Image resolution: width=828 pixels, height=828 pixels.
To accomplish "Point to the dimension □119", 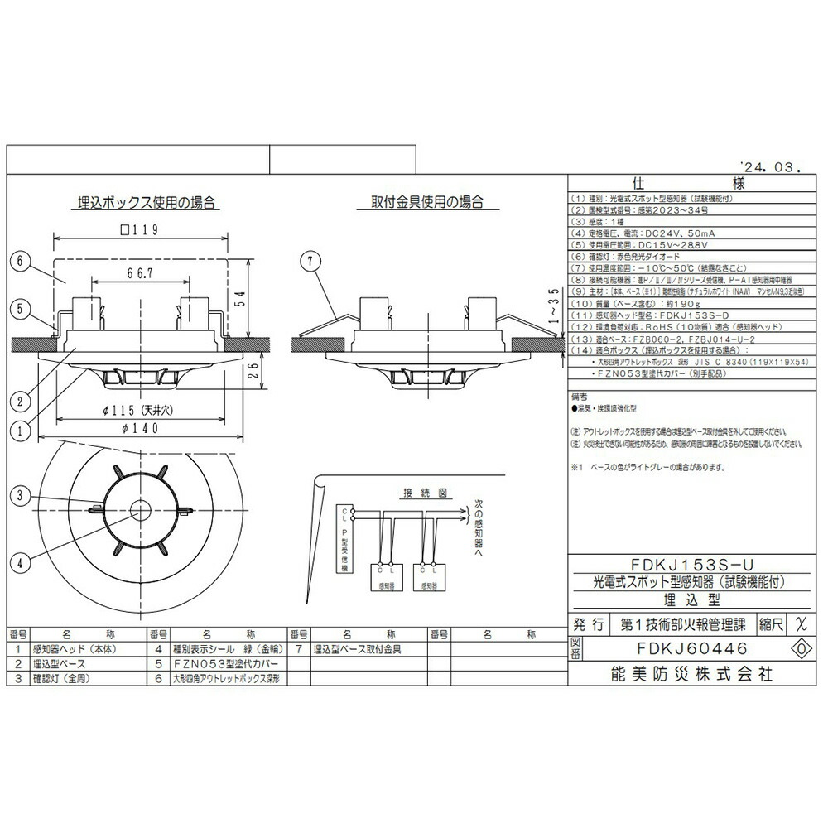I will (138, 229).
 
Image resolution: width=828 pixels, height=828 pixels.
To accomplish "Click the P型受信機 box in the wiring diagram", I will (344, 546).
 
